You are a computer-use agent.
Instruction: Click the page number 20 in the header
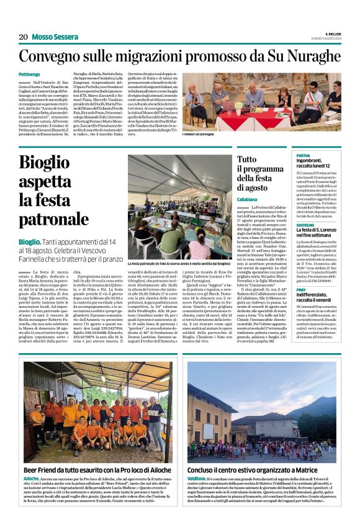[x=23, y=37]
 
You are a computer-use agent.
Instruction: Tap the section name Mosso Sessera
[x=52, y=37]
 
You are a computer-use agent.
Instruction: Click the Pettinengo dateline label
[x=32, y=74]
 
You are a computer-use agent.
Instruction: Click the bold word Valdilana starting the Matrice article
[x=197, y=480]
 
